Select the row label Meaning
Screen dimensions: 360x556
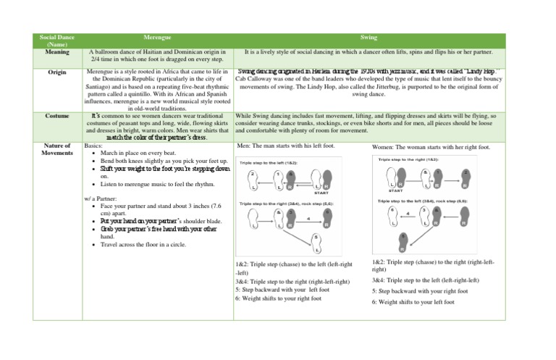(57, 51)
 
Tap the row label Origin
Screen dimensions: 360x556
(57, 72)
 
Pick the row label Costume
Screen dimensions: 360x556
(57, 115)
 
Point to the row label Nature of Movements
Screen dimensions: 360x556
(57, 149)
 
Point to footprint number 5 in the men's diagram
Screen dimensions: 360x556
(316, 242)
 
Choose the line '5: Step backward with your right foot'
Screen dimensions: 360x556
(420, 290)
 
